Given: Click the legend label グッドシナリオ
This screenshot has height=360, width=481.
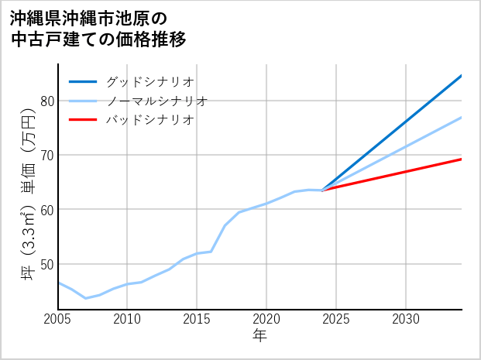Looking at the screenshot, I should (150, 81).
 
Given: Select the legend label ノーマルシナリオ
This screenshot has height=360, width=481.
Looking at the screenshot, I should (157, 101).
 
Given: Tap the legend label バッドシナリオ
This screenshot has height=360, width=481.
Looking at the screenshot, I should (150, 120).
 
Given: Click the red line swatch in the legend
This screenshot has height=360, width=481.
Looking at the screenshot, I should (83, 120).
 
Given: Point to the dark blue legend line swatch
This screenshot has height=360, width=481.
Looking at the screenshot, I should (83, 81).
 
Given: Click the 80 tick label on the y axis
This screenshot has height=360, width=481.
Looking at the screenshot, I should (46, 101).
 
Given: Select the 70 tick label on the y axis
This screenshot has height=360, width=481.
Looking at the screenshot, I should (46, 155).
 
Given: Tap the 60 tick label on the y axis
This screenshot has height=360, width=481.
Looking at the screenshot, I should (46, 210).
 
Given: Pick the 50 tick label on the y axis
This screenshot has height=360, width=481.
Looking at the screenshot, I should (46, 264).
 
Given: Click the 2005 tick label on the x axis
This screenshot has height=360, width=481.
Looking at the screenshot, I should (58, 319).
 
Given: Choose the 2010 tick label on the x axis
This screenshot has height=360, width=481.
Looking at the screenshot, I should (127, 319).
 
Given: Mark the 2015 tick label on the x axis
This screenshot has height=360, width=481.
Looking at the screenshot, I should (197, 319).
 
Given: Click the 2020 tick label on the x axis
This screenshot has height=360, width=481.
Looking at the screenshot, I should (266, 319).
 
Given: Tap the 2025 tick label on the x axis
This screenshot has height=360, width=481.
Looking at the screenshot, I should (336, 319).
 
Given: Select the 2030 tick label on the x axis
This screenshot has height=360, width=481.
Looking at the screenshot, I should (406, 319).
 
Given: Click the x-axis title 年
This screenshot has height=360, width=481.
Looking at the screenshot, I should (260, 336).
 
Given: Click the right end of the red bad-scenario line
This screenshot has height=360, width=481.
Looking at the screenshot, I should (461, 159).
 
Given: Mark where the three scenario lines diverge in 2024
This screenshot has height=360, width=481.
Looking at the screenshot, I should (322, 190).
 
